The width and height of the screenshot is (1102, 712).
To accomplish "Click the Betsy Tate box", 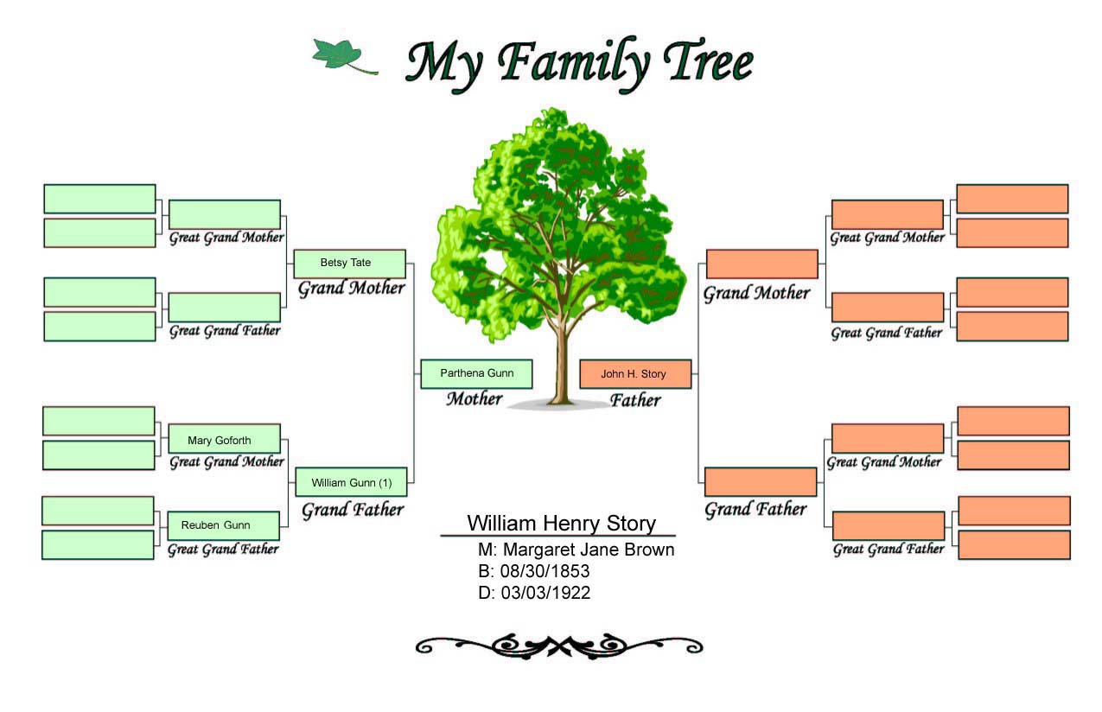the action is click(x=350, y=264).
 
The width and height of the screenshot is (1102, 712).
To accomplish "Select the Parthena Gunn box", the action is click(x=476, y=374).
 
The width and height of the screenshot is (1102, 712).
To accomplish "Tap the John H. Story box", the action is click(x=635, y=374).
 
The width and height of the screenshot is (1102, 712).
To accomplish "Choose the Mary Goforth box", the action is click(x=225, y=439).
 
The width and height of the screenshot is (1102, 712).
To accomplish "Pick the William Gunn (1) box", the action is click(x=351, y=482).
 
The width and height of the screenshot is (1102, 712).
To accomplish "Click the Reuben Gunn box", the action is click(x=223, y=526).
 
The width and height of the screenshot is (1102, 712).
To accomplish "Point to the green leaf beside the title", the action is click(x=344, y=56).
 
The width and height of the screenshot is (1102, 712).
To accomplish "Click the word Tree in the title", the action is click(x=709, y=61).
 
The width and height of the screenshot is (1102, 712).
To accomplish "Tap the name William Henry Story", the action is click(x=561, y=523).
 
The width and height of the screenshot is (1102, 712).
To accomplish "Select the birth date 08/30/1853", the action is click(x=545, y=571).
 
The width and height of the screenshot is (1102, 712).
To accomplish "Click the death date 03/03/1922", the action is click(x=545, y=593).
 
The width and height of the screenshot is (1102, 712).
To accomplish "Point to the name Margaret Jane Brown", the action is click(x=589, y=550).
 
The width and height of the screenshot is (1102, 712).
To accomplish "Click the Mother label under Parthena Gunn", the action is click(x=475, y=398).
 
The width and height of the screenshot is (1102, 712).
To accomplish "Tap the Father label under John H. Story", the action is click(x=635, y=400).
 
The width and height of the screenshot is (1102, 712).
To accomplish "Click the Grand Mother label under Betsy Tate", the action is click(x=351, y=288).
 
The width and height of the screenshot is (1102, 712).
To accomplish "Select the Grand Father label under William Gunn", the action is click(x=353, y=510).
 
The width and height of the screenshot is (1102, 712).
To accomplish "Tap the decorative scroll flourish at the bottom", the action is click(x=559, y=645).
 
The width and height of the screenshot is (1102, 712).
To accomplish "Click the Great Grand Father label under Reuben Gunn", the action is click(x=223, y=550).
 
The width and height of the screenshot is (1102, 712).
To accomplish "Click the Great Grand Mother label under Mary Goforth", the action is click(x=226, y=461).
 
